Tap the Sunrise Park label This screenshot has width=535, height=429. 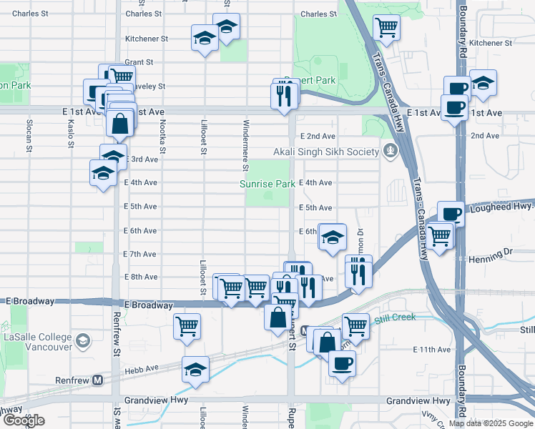click(x=267, y=184)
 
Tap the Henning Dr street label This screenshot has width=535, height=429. click(x=494, y=252)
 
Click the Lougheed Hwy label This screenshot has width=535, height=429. click(x=503, y=207)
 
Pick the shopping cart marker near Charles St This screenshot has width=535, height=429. click(x=387, y=28)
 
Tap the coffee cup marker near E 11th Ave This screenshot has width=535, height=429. click(x=342, y=363)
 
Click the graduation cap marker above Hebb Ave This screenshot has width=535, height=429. click(x=195, y=370)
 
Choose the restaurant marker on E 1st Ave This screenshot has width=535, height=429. click(x=285, y=93)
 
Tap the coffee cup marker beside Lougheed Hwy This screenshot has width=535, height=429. click(x=451, y=214)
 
